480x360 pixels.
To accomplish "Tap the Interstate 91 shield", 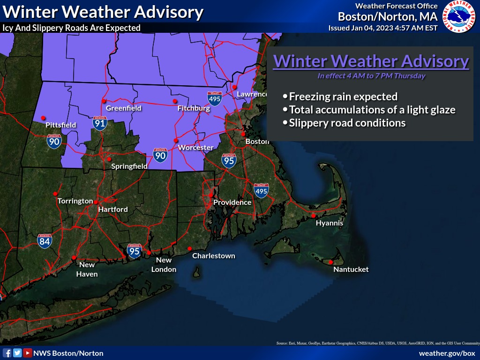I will [99, 123].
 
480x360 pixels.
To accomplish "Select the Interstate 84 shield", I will [45, 241].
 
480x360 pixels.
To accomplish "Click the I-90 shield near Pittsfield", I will [54, 141].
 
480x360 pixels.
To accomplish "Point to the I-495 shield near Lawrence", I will [215, 98].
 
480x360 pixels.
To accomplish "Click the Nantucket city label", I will [351, 270].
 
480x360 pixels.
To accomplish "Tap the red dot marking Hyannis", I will [313, 216].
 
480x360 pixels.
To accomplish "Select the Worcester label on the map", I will [195, 148].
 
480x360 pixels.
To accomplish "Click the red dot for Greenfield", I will [104, 101].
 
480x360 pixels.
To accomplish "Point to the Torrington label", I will [75, 201].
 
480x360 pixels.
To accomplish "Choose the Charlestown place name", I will [214, 256].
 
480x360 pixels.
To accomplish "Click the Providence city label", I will [232, 202].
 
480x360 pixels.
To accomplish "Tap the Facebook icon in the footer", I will [7, 353].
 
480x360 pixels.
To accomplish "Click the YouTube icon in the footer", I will [28, 353].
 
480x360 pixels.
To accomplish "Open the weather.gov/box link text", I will [447, 353].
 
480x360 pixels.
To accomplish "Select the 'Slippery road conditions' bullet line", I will [347, 123].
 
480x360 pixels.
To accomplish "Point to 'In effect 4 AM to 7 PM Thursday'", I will [371, 75].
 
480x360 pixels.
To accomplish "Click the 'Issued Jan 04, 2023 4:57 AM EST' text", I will [383, 28].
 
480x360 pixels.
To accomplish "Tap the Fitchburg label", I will [194, 108].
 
